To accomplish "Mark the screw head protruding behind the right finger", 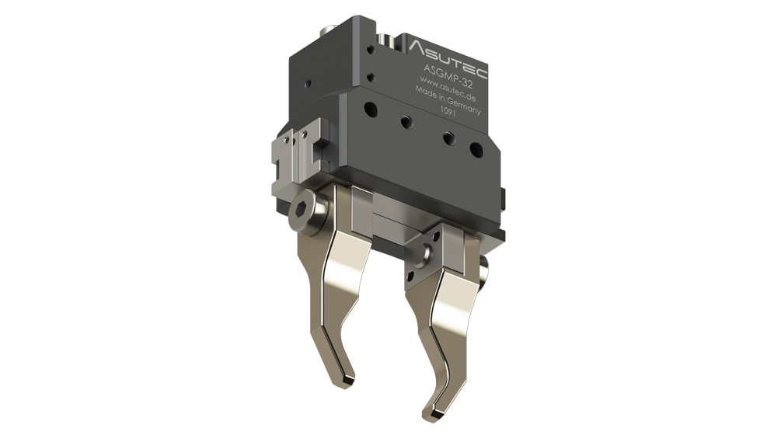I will click(x=486, y=270).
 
